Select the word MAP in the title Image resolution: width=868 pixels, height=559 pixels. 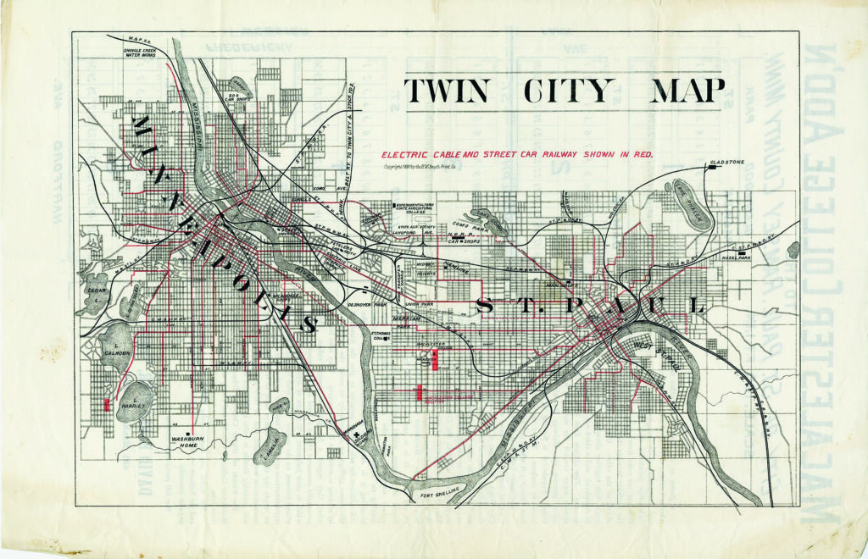pos(687,91)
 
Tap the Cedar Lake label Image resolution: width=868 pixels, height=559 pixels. pos(94,292)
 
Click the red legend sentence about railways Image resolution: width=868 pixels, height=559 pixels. pos(517,156)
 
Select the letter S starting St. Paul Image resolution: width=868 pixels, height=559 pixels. pos(486,306)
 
